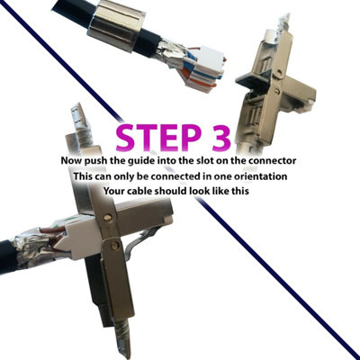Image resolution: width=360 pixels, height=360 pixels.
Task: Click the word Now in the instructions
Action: point(76,159)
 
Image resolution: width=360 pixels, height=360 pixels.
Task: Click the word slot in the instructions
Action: point(214,159)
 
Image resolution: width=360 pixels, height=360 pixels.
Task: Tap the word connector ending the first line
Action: point(273,159)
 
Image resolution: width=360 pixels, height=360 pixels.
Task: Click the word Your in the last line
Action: point(117,192)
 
